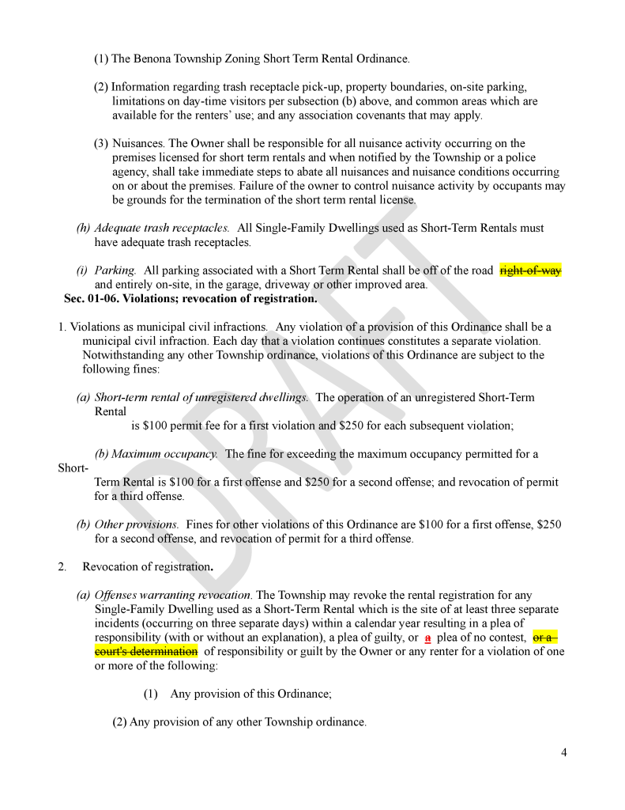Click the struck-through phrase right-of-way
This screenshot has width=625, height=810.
click(x=530, y=271)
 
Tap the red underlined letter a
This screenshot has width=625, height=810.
click(x=427, y=638)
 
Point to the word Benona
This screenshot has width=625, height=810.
click(x=152, y=59)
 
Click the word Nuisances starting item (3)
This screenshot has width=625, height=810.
click(x=138, y=143)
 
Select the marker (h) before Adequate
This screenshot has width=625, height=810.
click(x=83, y=228)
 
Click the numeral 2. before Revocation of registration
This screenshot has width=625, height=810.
click(x=62, y=566)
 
